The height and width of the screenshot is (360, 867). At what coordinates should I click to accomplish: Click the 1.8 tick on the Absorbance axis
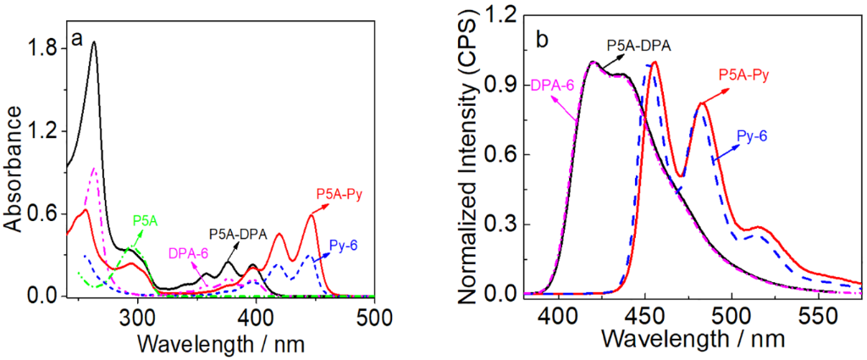tap(43, 48)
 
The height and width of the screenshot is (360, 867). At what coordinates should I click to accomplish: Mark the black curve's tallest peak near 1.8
tap(94, 42)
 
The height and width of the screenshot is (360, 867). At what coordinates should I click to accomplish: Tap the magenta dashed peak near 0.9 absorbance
tap(94, 169)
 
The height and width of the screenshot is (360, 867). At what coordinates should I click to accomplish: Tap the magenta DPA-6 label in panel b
tap(552, 86)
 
